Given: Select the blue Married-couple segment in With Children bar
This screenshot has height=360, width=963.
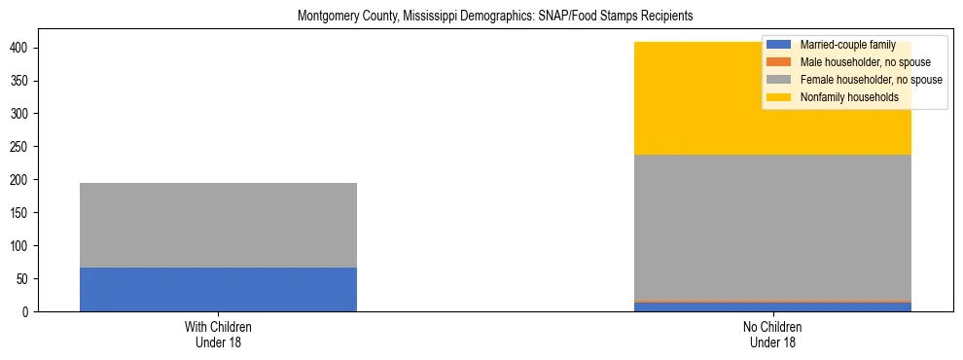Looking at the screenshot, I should (218, 289).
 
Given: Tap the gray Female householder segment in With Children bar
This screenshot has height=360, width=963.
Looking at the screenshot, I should (218, 225).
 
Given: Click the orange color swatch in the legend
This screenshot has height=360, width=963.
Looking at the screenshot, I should (778, 62).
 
